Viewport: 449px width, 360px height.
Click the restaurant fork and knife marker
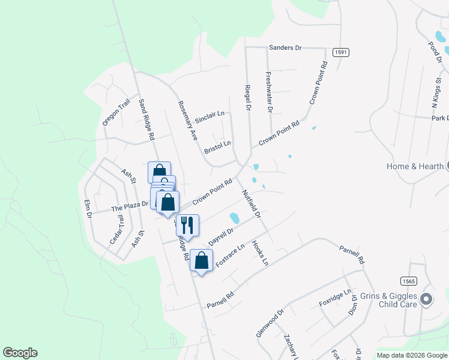[187, 226]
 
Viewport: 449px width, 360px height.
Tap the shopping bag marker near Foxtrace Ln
[201, 260]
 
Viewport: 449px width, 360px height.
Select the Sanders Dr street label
[285, 47]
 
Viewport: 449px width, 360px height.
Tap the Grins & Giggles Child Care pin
[426, 298]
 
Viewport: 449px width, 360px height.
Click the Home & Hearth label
[415, 166]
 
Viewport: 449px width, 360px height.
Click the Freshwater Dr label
[269, 92]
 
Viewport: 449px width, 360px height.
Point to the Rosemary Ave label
[188, 120]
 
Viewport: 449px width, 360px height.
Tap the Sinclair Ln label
[209, 114]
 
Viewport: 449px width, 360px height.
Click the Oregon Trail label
[116, 112]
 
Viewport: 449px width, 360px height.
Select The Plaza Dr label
[130, 206]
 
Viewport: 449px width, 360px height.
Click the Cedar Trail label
[116, 229]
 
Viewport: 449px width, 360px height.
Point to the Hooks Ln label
[260, 253]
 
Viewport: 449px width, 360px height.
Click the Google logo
[20, 353]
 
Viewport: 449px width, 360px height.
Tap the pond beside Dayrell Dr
[235, 217]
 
